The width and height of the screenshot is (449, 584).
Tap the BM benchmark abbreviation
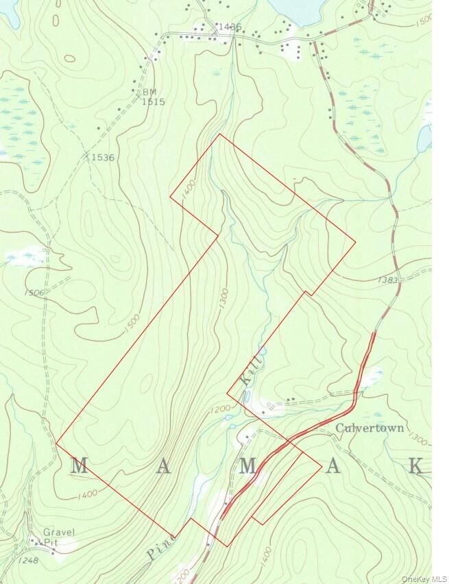149,92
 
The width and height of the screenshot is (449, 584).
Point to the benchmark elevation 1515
154,101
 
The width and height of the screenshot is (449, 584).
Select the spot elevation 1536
101,158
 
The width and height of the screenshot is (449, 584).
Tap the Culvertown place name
371,428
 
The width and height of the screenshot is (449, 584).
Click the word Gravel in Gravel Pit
58,532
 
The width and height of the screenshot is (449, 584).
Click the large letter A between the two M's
163,467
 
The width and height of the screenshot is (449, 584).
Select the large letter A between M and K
332,466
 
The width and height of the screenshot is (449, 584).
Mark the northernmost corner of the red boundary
219,134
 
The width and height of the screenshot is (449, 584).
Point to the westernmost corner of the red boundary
56,443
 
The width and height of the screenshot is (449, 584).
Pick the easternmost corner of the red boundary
355,241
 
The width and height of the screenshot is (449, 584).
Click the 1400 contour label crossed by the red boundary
189,188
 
